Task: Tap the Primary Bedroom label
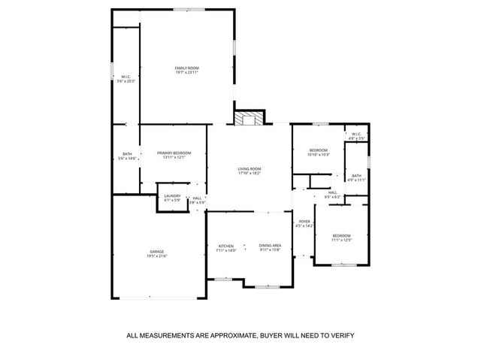coord(171,153)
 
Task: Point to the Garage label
coord(157,251)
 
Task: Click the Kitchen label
coord(226,246)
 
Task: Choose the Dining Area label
coord(270,246)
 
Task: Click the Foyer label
coord(304,221)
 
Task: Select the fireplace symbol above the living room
coord(249,119)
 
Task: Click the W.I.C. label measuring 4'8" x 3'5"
coord(356,135)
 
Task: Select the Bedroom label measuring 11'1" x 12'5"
coord(342,236)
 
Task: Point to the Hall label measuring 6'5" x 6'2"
coord(332,192)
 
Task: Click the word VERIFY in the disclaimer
coord(340,335)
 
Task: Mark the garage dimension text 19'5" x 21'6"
coord(157,256)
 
